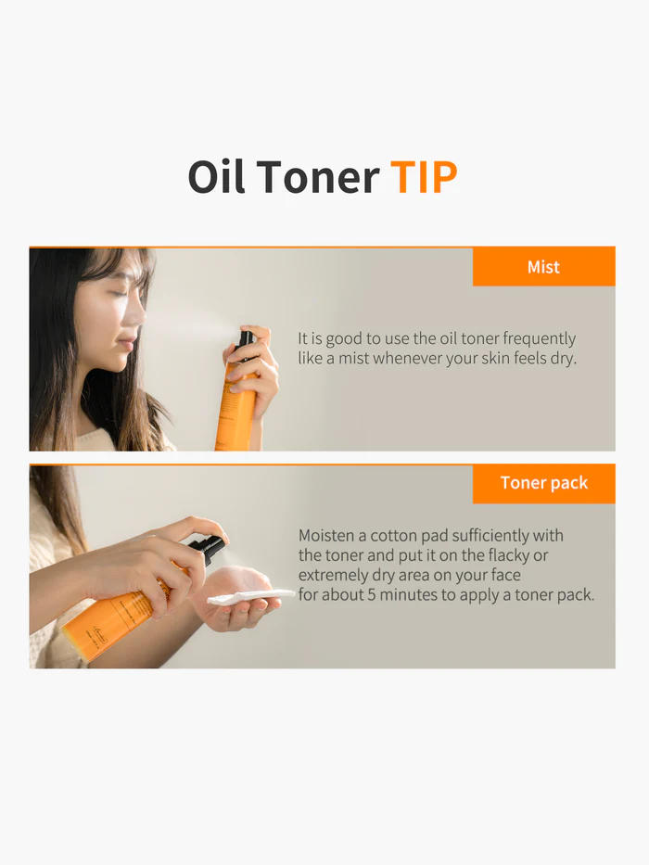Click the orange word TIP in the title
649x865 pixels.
pos(424,177)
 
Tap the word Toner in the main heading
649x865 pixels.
pos(318,177)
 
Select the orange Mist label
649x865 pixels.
pos(543,267)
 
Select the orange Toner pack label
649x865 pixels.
pos(543,483)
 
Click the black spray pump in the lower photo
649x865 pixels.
pos(211,549)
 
